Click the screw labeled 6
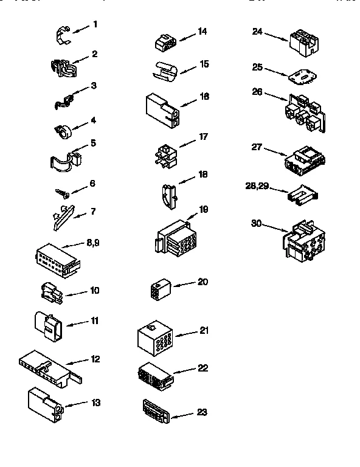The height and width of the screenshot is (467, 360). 61,192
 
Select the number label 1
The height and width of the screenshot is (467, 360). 95,25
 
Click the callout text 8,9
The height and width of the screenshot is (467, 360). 93,243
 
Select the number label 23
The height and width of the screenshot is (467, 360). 202,412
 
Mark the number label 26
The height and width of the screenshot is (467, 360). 257,92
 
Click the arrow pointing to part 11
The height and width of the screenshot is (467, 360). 75,323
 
